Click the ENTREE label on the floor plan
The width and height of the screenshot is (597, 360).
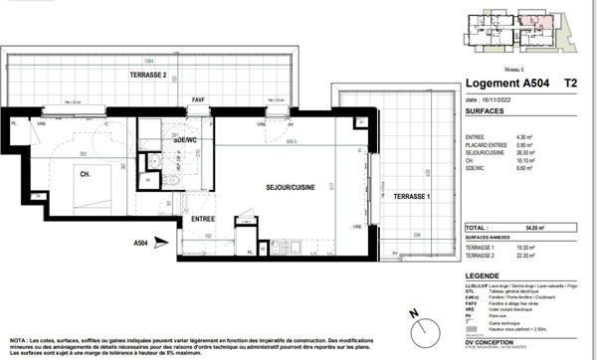pyautogui.click(x=203, y=218)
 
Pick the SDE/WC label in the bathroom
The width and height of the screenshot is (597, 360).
pyautogui.click(x=185, y=140)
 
